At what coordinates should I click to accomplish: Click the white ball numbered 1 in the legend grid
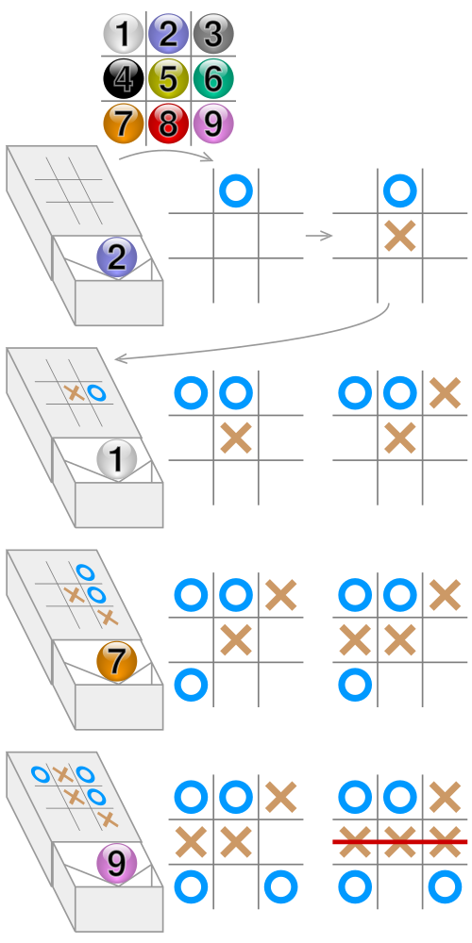124,34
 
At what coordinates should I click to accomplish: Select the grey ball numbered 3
213,34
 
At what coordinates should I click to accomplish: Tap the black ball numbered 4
124,78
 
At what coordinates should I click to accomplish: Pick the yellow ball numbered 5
169,78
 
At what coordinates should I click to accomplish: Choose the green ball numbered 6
213,78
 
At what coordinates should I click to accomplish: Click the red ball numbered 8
169,124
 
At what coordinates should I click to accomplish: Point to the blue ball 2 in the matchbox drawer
117,257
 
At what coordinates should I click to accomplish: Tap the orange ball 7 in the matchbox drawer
117,662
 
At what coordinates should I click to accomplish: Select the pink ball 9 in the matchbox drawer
117,864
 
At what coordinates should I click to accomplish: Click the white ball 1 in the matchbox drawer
117,460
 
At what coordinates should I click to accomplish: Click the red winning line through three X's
399,841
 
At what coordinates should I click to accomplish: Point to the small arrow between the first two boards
319,236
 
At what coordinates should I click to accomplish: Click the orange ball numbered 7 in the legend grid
124,124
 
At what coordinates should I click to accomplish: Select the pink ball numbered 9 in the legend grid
213,124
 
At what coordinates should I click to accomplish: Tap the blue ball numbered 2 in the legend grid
169,34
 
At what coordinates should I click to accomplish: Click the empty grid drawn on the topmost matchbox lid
75,190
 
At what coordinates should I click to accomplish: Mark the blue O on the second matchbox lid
95,393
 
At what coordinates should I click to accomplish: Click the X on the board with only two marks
399,236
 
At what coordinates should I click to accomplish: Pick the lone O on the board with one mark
236,190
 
